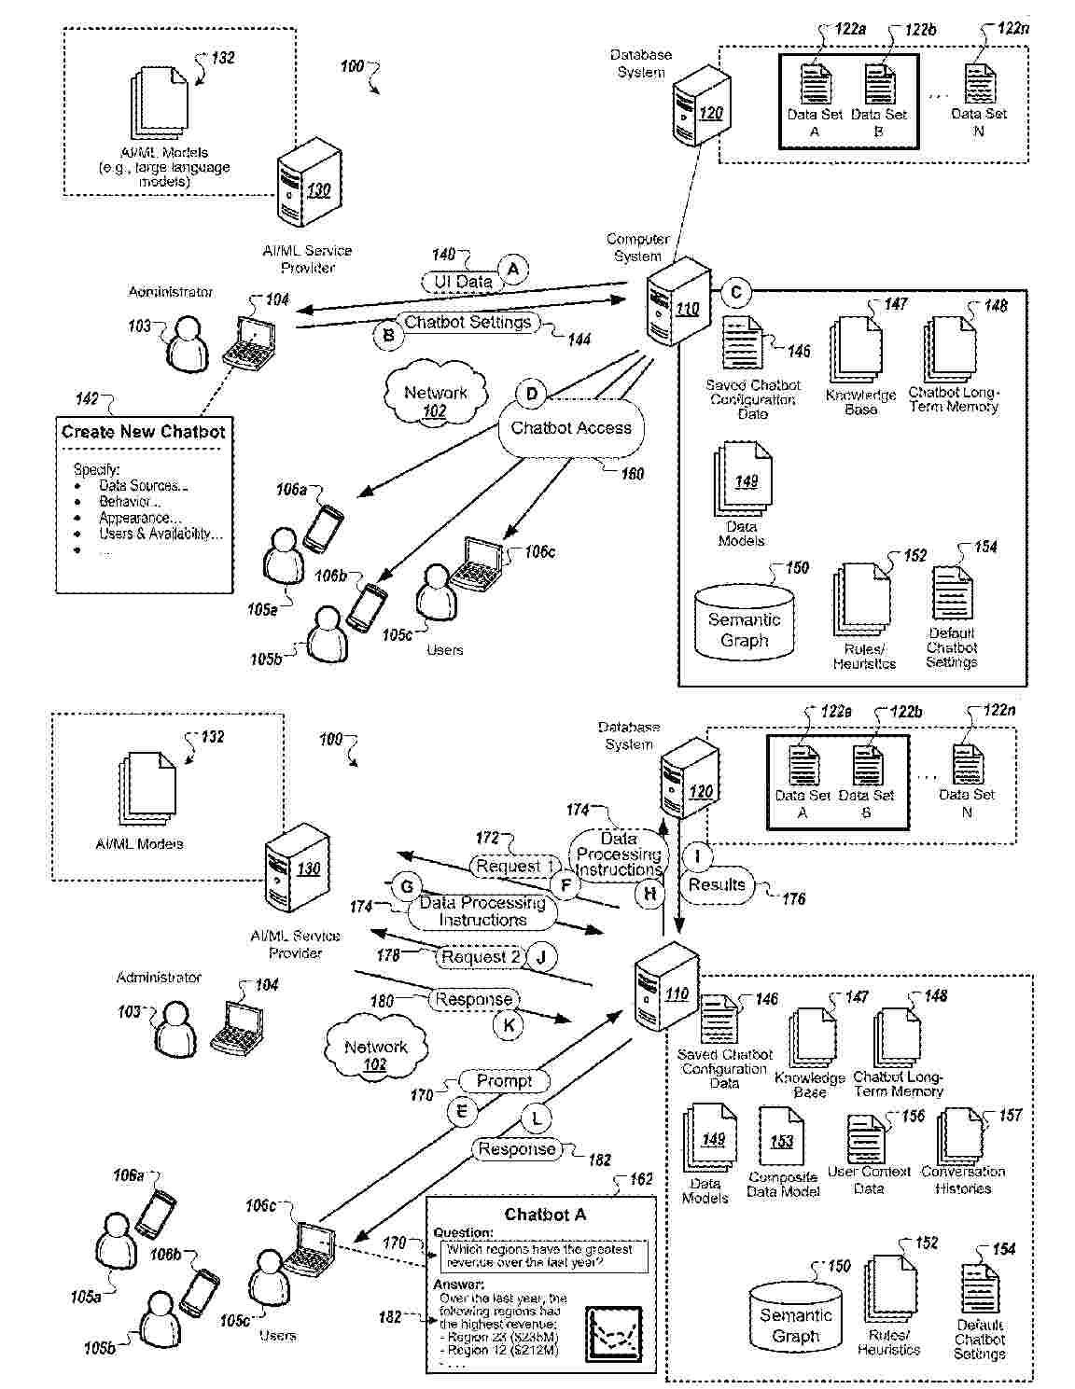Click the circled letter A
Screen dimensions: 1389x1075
(511, 270)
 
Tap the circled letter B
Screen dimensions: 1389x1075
(387, 335)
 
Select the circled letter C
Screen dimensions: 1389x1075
(735, 293)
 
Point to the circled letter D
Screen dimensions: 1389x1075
(531, 394)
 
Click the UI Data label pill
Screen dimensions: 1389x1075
(462, 282)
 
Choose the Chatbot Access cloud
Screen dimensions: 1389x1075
(571, 428)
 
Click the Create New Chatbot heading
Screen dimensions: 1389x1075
(144, 432)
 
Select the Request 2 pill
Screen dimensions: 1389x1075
(481, 956)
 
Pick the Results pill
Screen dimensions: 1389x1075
(717, 884)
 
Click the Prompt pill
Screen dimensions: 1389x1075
(504, 1081)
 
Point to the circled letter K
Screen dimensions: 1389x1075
(509, 1025)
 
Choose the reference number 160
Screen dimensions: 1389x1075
(632, 474)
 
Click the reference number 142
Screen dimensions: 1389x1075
(86, 399)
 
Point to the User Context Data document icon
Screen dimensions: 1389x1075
(866, 1138)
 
